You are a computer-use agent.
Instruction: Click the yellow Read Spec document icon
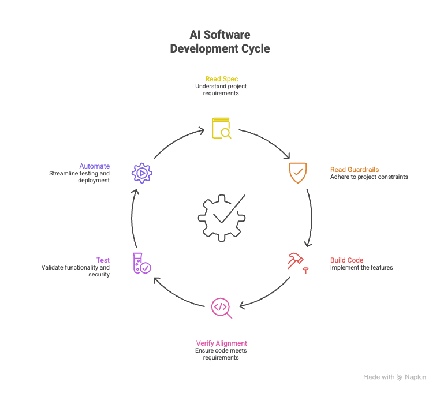point(221,128)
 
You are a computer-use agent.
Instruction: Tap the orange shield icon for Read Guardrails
point(298,173)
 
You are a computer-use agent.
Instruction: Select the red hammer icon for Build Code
point(297,261)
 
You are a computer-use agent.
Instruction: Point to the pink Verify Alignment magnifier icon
point(221,307)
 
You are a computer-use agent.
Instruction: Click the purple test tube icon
point(141,263)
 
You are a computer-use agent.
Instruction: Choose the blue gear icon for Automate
point(141,173)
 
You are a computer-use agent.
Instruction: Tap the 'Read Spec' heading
point(221,78)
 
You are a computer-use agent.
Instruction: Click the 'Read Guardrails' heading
point(354,170)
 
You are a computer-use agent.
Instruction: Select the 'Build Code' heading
point(346,260)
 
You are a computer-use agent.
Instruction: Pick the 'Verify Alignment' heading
point(221,343)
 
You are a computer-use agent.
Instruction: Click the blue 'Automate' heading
point(95,166)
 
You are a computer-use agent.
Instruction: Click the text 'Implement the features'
point(361,267)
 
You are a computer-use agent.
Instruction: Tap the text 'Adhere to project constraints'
point(368,177)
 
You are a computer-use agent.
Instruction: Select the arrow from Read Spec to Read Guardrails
point(267,141)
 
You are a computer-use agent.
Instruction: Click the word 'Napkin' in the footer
point(415,377)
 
